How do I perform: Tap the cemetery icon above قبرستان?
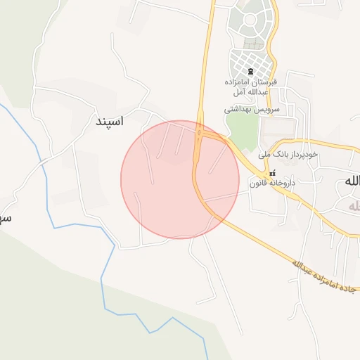pos(251,72)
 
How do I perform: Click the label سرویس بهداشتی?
pos(252,110)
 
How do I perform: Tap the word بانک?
pos(278,153)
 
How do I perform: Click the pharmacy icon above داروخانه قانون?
pos(272,173)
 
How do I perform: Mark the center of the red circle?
pos(180,179)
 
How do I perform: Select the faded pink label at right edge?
pos(352,205)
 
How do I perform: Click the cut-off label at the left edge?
pos(4,218)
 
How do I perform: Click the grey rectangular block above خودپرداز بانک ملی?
pos(278,127)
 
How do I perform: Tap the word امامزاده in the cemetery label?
pos(238,82)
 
